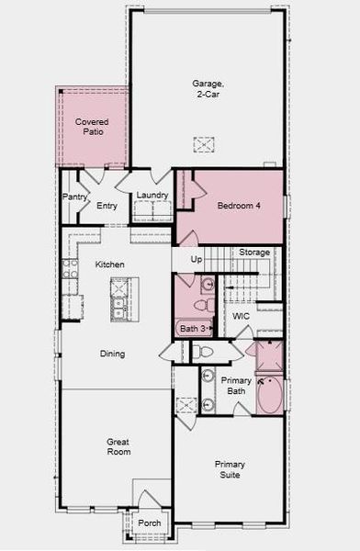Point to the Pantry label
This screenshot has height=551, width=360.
click(x=74, y=197)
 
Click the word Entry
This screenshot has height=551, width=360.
click(x=107, y=206)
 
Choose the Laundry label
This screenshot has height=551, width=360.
click(x=152, y=196)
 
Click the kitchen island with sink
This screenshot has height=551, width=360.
click(x=117, y=298)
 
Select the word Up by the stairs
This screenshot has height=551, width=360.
click(x=196, y=260)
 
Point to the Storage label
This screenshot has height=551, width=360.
click(x=254, y=253)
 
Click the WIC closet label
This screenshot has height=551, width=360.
click(x=241, y=316)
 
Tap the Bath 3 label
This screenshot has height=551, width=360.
click(x=192, y=328)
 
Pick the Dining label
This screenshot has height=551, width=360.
click(x=112, y=354)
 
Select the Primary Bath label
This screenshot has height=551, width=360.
click(x=236, y=386)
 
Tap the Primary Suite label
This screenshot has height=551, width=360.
click(x=230, y=470)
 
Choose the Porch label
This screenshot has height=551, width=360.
click(x=149, y=523)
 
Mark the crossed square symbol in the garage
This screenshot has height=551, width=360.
click(x=203, y=144)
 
